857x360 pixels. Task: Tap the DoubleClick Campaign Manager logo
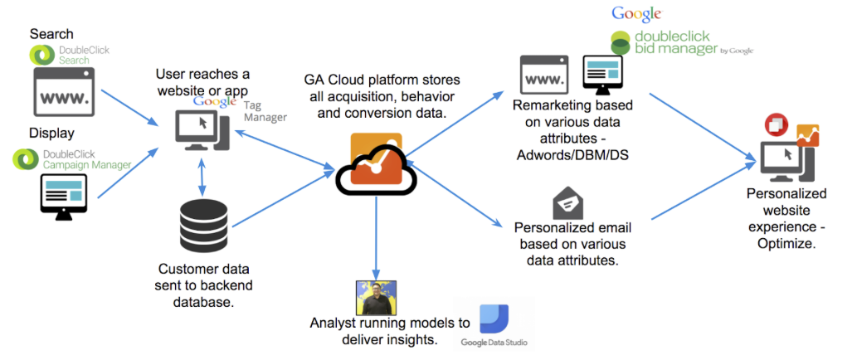pyautogui.click(x=71, y=158)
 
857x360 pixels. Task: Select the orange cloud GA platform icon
pyautogui.click(x=368, y=163)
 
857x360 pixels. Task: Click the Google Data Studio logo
pyautogui.click(x=495, y=326)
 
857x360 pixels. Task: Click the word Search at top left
pyautogui.click(x=51, y=34)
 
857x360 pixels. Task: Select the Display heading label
pyautogui.click(x=51, y=133)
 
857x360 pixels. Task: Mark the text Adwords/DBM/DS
pyautogui.click(x=571, y=154)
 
